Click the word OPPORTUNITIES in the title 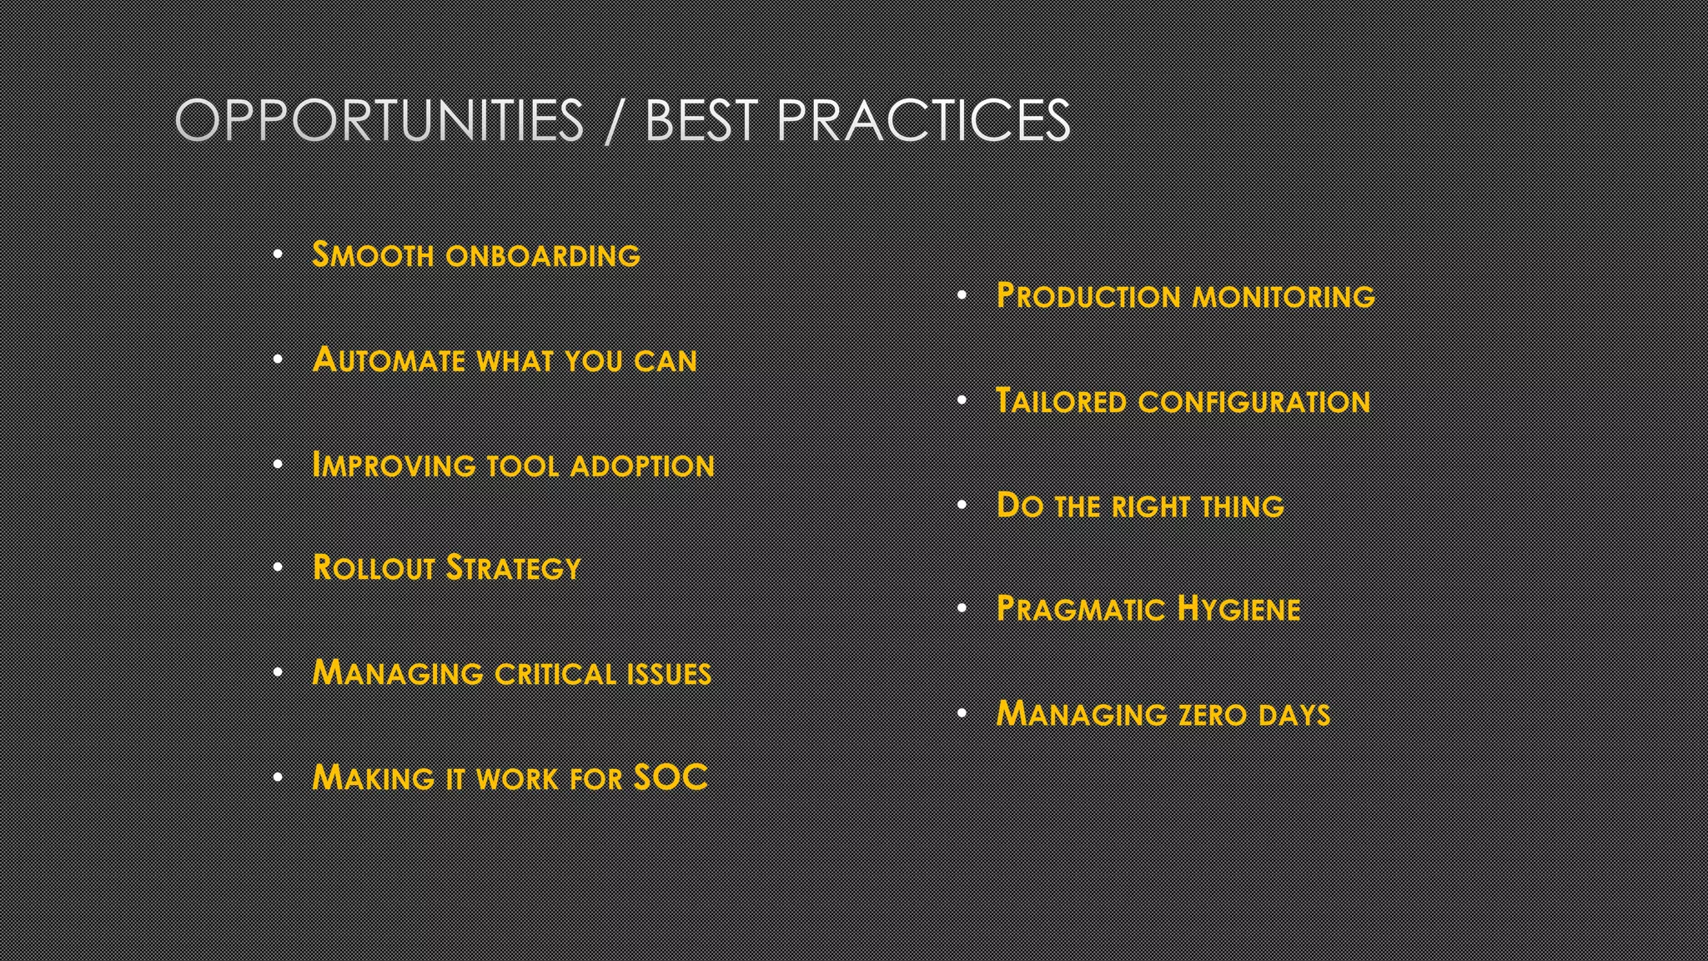point(379,121)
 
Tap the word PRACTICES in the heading point(922,121)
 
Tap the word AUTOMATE point(389,360)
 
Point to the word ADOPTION point(641,465)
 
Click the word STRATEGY point(513,568)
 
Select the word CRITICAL point(555,674)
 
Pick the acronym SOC point(671,777)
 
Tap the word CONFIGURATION point(1253,402)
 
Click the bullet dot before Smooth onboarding point(279,254)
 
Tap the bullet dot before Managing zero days point(962,713)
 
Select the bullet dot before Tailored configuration point(962,400)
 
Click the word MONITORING point(1284,296)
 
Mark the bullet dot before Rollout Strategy point(279,567)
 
